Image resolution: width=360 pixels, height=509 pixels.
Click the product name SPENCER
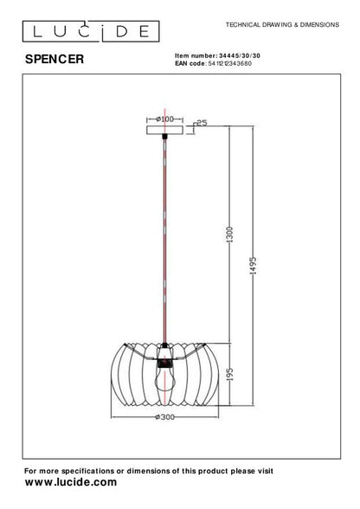pos(54,61)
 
